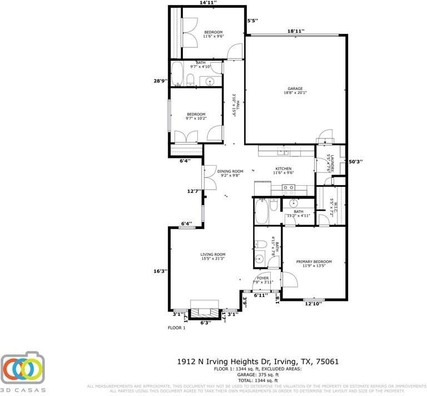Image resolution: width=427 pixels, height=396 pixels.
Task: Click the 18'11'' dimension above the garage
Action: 296,31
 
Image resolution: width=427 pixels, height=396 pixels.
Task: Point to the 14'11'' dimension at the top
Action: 207,3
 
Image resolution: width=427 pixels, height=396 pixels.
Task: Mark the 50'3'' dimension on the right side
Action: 355,162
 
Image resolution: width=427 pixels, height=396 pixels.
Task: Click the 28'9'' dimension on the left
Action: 161,81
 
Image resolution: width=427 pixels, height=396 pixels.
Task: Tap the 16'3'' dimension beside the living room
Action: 161,271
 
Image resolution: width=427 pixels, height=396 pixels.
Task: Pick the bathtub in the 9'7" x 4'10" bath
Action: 177,73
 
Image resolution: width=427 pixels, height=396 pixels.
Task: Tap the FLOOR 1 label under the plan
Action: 177,328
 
